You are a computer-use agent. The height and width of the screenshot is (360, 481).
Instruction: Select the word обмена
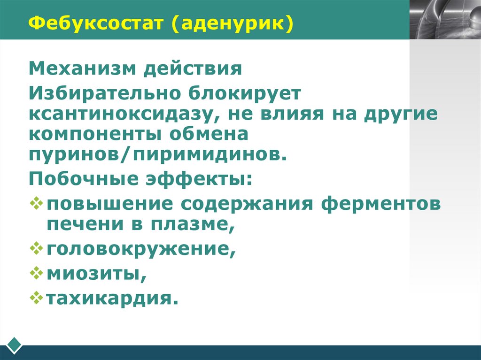[213, 135]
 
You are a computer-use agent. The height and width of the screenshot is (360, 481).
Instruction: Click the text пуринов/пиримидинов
[157, 155]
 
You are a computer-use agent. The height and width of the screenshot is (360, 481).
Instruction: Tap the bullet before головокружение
[36, 247]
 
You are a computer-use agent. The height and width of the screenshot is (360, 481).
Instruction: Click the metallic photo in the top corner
[445, 19]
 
